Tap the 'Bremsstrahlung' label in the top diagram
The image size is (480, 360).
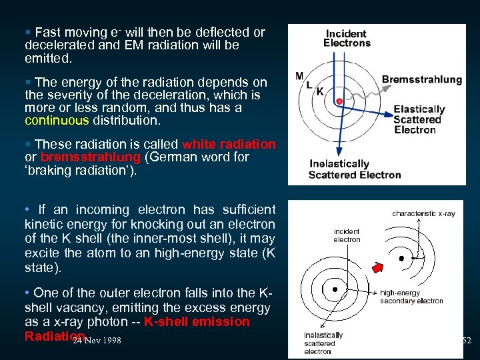pyautogui.click(x=421, y=79)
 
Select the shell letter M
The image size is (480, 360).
pyautogui.click(x=299, y=75)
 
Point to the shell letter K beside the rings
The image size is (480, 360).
pyautogui.click(x=321, y=91)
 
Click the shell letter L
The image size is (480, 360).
pyautogui.click(x=309, y=84)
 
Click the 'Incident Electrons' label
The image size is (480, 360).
pyautogui.click(x=347, y=38)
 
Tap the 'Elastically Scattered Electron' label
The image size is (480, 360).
pyautogui.click(x=419, y=119)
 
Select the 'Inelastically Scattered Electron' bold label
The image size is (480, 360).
pyautogui.click(x=354, y=169)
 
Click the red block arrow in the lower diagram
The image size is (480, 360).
pyautogui.click(x=377, y=267)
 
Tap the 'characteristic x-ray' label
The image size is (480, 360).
pyautogui.click(x=423, y=213)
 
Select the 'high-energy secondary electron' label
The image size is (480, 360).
pyautogui.click(x=411, y=297)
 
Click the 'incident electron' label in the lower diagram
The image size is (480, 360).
pyautogui.click(x=347, y=235)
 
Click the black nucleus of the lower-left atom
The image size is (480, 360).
pyautogui.click(x=335, y=290)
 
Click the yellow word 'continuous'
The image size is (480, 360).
pyautogui.click(x=56, y=121)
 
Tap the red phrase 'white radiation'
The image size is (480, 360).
pyautogui.click(x=229, y=144)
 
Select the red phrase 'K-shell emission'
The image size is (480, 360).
pyautogui.click(x=197, y=321)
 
